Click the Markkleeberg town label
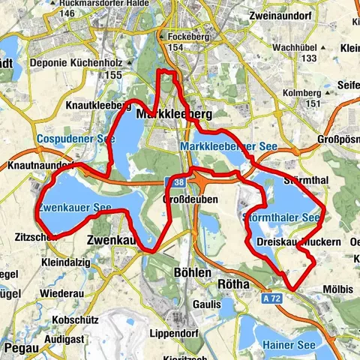point(175,113)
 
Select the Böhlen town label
point(192,273)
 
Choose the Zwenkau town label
point(111,241)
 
